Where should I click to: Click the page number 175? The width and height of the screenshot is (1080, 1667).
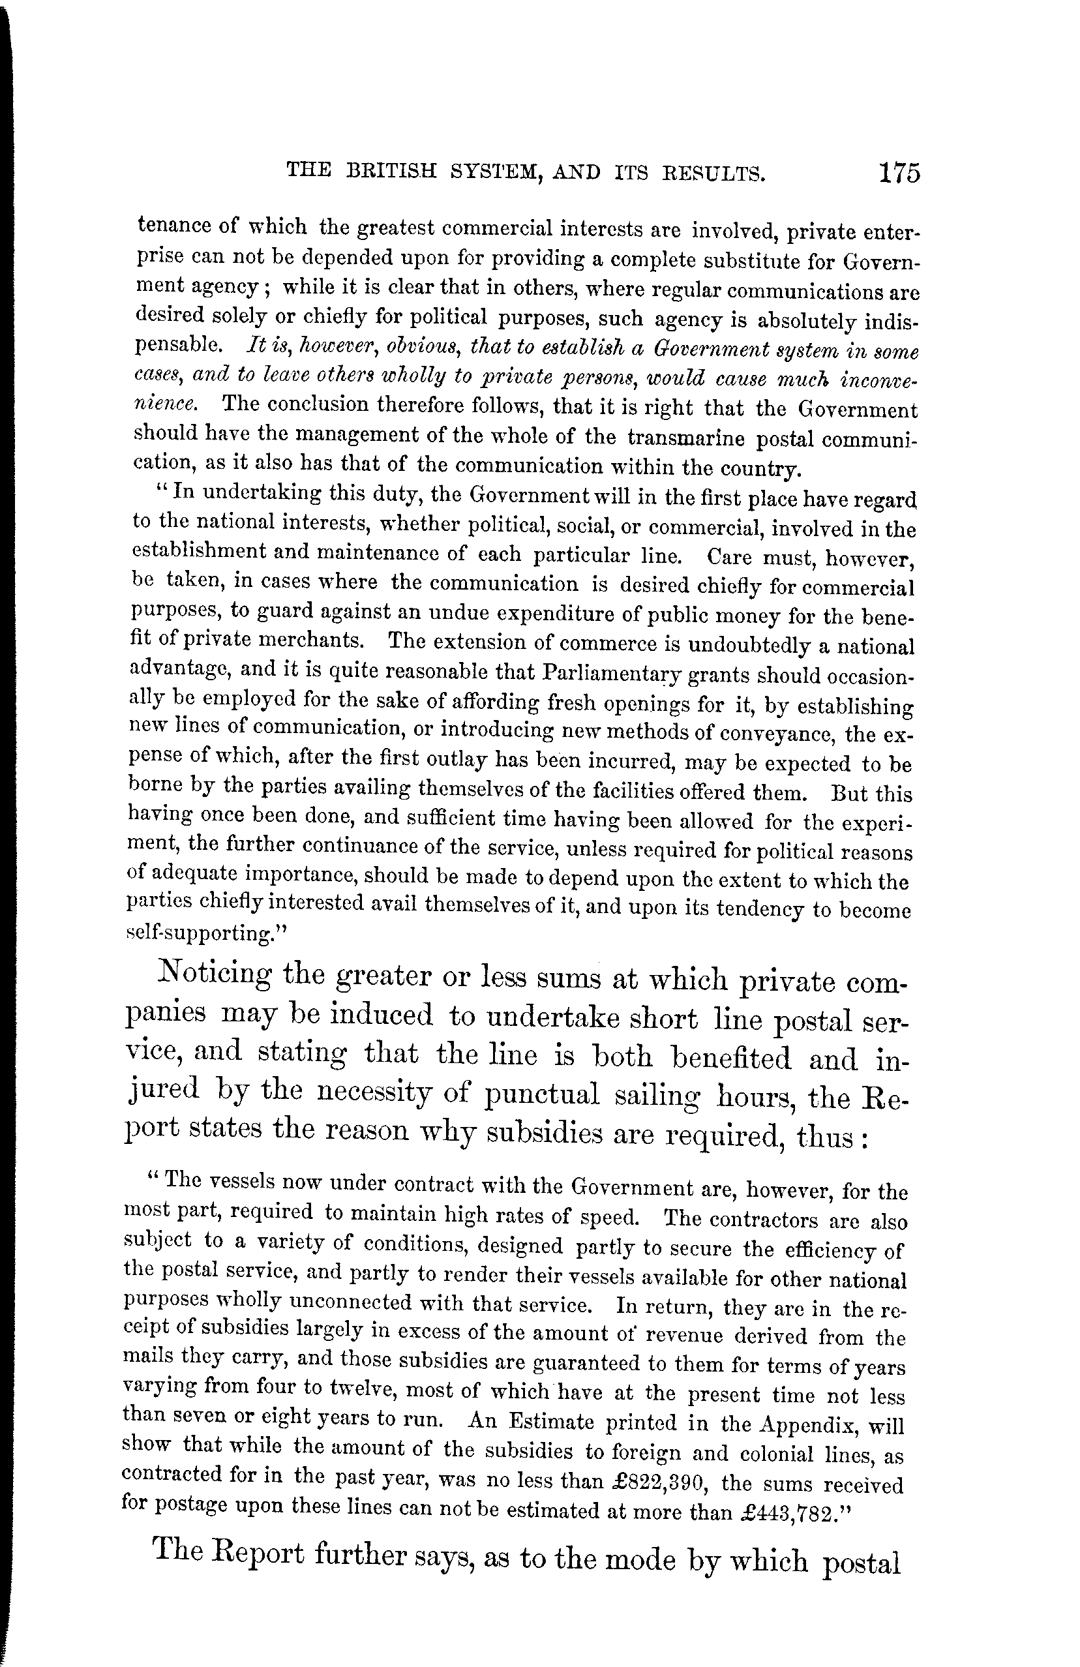tap(900, 172)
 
